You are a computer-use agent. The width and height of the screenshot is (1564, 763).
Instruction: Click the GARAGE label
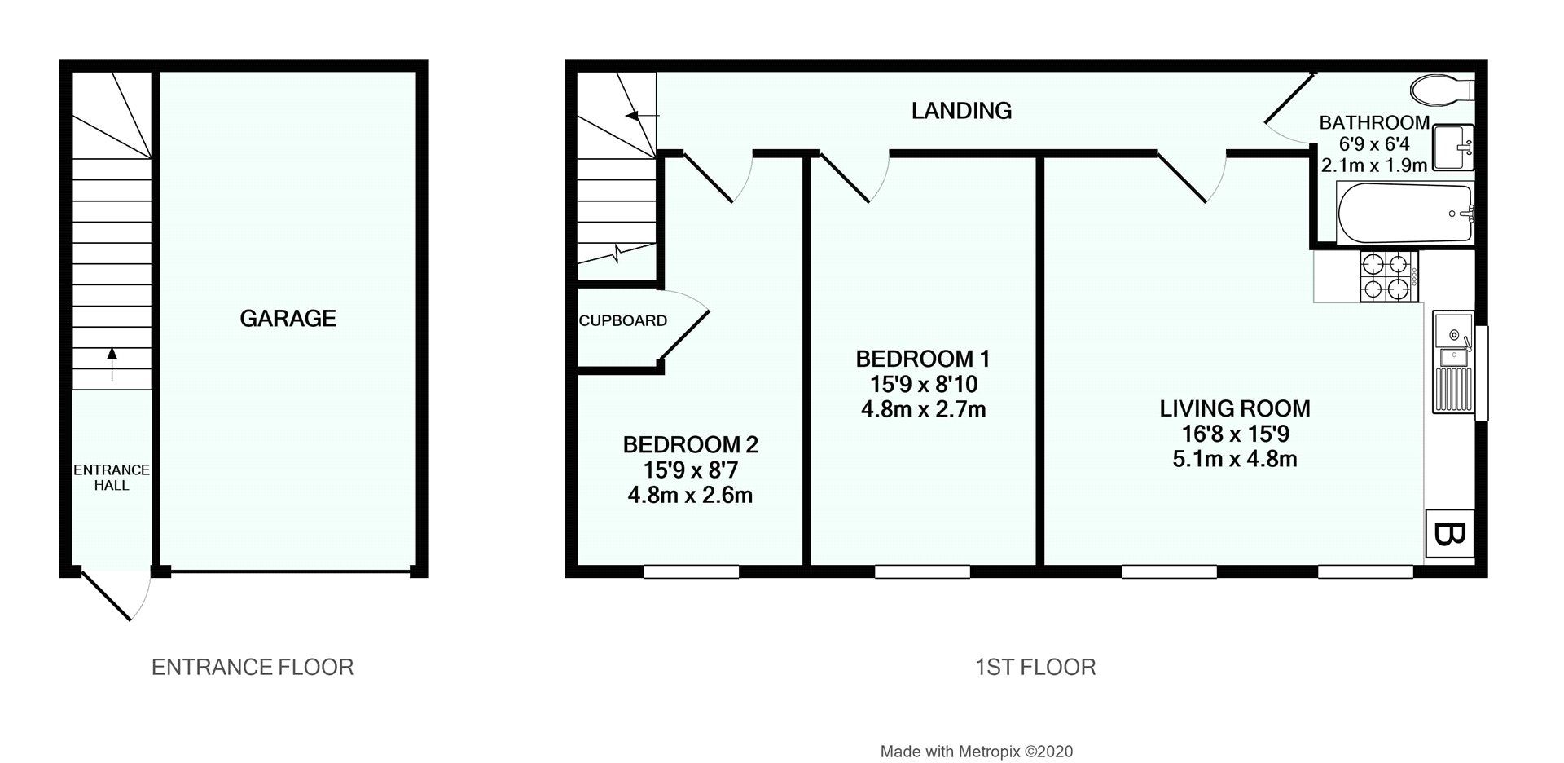[288, 318]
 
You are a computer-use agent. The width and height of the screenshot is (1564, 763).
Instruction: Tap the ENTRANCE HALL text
[112, 478]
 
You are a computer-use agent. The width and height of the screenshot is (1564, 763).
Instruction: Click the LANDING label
[961, 111]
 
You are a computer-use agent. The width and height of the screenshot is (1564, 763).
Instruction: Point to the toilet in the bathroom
[1440, 90]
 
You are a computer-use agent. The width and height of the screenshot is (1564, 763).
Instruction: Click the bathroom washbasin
[1452, 148]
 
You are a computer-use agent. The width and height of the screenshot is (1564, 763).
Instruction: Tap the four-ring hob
[1387, 276]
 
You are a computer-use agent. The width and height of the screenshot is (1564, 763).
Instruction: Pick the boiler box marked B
[1449, 536]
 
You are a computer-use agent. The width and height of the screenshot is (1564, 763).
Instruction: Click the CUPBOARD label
[623, 321]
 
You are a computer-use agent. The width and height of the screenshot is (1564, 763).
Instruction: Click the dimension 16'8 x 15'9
[1235, 434]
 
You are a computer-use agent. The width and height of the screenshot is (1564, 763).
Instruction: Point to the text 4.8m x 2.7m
[923, 409]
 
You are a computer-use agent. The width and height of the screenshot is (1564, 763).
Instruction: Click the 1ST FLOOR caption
[1035, 668]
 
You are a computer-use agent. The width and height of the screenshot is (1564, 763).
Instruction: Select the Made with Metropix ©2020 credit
[976, 752]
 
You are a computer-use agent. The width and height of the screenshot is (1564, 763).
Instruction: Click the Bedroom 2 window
[691, 572]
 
